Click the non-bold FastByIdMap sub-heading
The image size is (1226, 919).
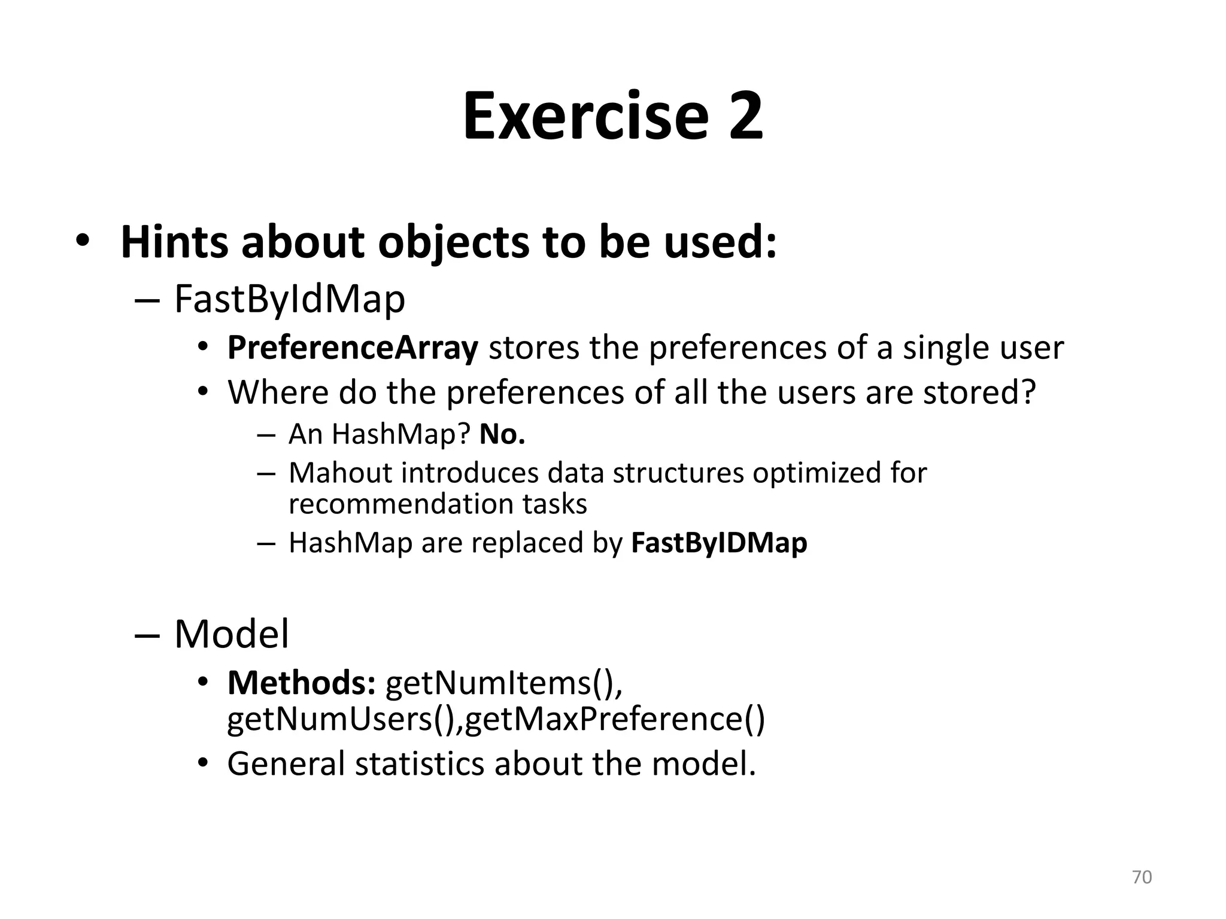pyautogui.click(x=289, y=299)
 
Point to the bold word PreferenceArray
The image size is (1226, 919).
pyautogui.click(x=353, y=348)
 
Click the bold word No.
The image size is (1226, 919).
pyautogui.click(x=502, y=434)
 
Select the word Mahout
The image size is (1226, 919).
pyautogui.click(x=340, y=473)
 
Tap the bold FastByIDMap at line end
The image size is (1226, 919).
pyautogui.click(x=719, y=543)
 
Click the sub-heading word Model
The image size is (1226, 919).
pyautogui.click(x=231, y=634)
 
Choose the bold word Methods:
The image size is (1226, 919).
pyautogui.click(x=301, y=683)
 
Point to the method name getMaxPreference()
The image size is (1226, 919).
pyautogui.click(x=614, y=719)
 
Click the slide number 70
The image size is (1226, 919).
pyautogui.click(x=1142, y=877)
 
